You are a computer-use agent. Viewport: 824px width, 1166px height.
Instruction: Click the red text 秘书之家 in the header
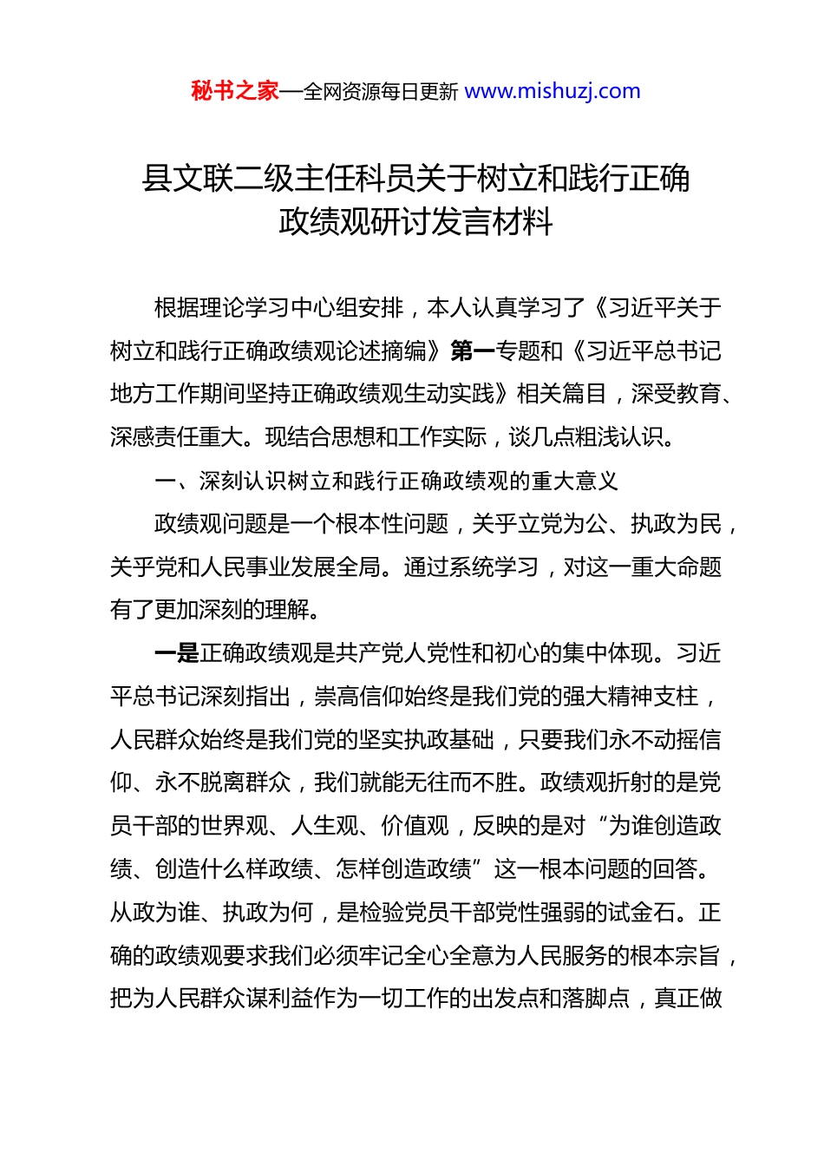point(235,91)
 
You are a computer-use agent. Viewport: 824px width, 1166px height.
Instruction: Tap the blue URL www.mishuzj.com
point(553,91)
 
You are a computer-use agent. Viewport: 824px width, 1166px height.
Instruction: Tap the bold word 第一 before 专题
point(473,351)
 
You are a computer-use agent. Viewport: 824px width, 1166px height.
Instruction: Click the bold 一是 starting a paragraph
point(177,653)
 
